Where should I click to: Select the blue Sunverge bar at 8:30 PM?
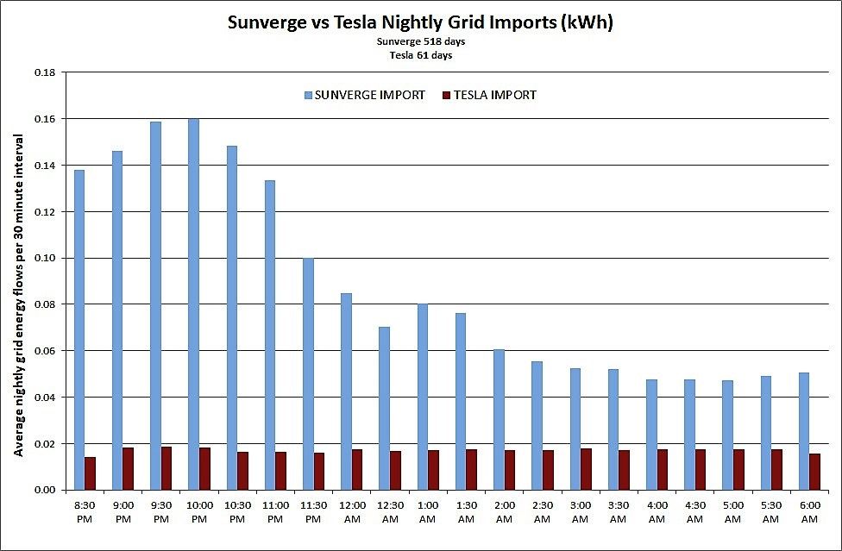(79, 329)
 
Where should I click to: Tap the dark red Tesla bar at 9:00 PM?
(129, 468)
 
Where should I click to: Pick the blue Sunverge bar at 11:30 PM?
(308, 374)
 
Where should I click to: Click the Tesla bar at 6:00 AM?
(814, 471)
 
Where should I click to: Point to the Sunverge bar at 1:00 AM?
(422, 397)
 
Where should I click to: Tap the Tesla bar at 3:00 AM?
(586, 468)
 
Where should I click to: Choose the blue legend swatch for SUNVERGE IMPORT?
(309, 96)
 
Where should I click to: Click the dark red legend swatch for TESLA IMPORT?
(446, 96)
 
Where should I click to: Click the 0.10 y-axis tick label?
(44, 258)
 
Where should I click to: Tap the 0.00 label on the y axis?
(44, 490)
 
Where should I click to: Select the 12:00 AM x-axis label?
(352, 511)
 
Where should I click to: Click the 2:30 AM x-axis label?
(542, 511)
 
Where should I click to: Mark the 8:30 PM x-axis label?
(85, 511)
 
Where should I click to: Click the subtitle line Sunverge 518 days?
(420, 41)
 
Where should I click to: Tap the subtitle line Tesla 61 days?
(420, 54)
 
